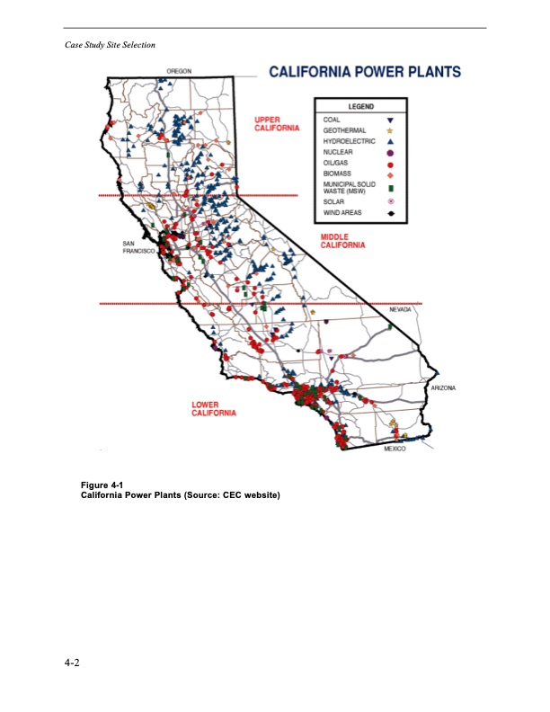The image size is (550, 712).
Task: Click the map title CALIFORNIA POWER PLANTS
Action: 366,73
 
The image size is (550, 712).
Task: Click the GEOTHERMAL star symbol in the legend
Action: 391,130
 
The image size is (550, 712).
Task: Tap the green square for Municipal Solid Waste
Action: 391,188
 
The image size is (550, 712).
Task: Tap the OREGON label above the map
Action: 178,71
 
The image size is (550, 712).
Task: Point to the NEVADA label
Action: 400,309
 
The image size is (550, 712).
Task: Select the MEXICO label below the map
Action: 394,448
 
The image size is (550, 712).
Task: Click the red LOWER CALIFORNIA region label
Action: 214,409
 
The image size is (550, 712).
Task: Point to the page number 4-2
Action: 72,663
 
